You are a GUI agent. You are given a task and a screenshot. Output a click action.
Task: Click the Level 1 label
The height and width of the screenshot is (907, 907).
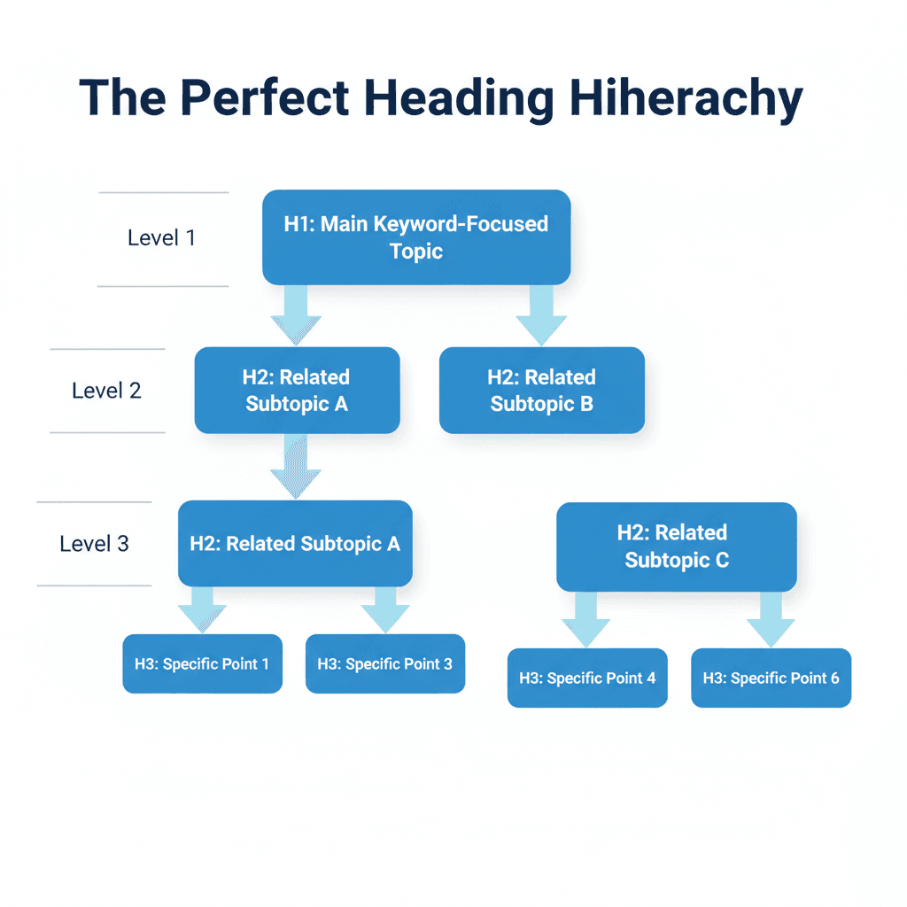click(161, 237)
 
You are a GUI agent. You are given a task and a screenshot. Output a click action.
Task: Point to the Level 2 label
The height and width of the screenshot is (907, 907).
click(106, 391)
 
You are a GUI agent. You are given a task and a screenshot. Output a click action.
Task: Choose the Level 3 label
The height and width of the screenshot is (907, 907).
click(94, 543)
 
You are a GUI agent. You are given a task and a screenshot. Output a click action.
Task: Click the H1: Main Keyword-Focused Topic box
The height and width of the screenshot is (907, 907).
click(416, 236)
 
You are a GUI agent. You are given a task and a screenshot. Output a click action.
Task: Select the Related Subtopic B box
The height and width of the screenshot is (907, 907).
click(541, 391)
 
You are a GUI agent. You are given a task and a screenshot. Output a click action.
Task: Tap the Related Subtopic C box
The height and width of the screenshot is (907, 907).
click(676, 547)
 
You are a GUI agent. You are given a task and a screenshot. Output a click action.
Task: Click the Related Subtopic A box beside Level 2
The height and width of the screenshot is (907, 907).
click(297, 391)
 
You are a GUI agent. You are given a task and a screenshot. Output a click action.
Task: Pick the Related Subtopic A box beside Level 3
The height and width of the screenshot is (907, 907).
click(295, 543)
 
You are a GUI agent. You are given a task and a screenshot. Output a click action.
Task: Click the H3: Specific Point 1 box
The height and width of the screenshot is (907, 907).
click(202, 663)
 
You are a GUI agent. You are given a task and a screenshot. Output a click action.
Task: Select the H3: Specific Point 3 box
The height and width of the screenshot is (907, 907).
click(384, 663)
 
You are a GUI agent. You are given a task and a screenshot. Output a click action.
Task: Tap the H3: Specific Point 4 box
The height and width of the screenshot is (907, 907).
click(587, 678)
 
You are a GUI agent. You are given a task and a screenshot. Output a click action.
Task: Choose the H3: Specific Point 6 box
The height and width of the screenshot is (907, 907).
click(771, 678)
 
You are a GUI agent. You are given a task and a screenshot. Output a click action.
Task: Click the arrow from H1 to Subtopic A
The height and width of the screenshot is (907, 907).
click(296, 315)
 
